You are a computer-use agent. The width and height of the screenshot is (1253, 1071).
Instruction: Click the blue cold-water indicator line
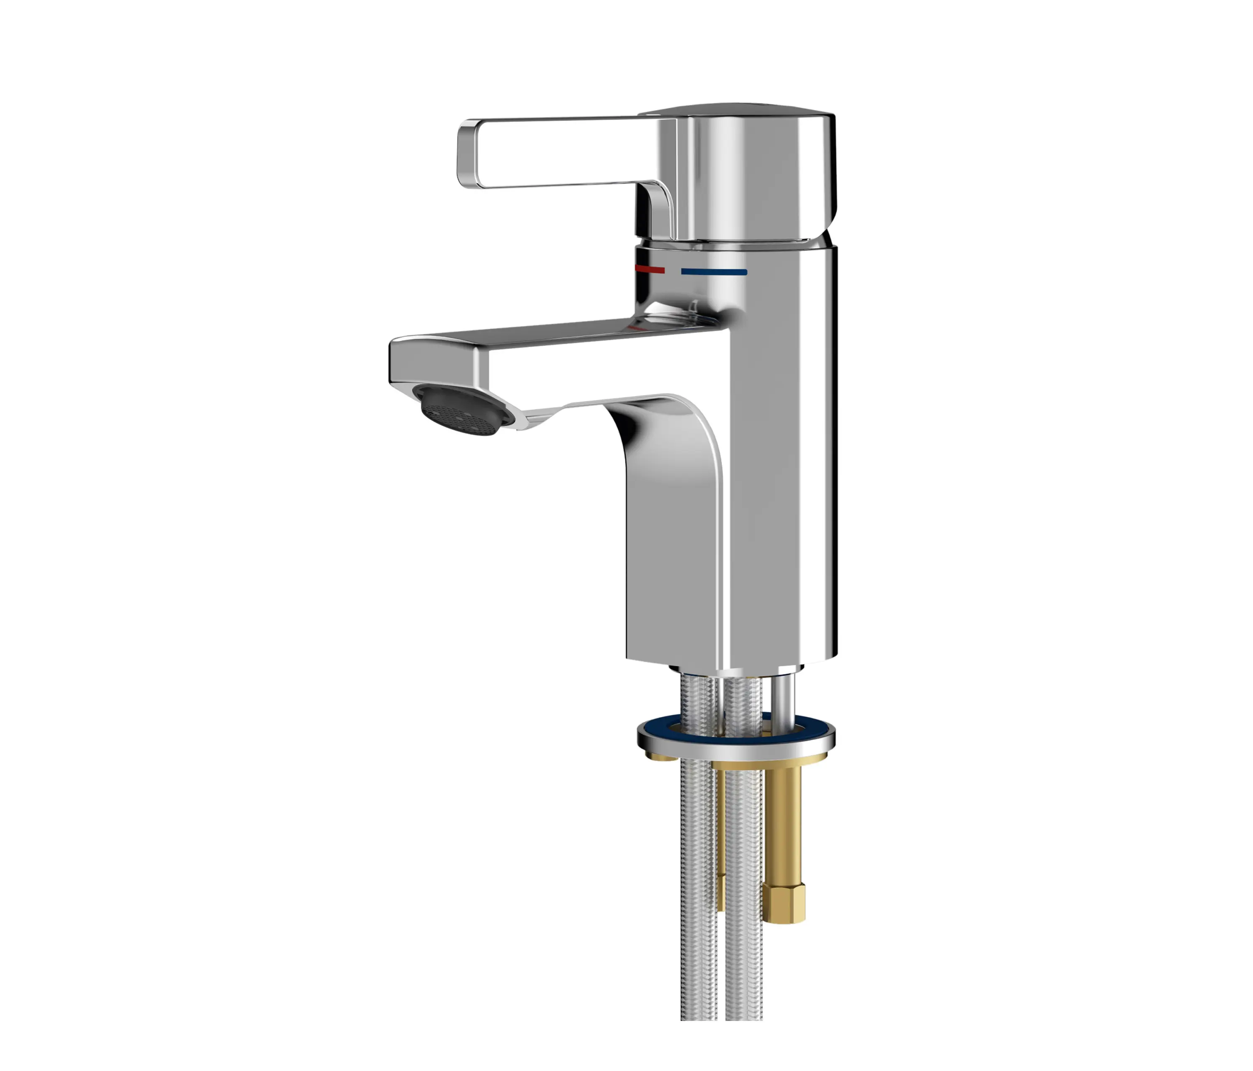click(x=713, y=272)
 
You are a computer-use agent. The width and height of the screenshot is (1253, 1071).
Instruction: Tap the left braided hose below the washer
click(x=699, y=877)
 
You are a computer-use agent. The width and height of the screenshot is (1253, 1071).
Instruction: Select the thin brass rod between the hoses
click(x=721, y=859)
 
